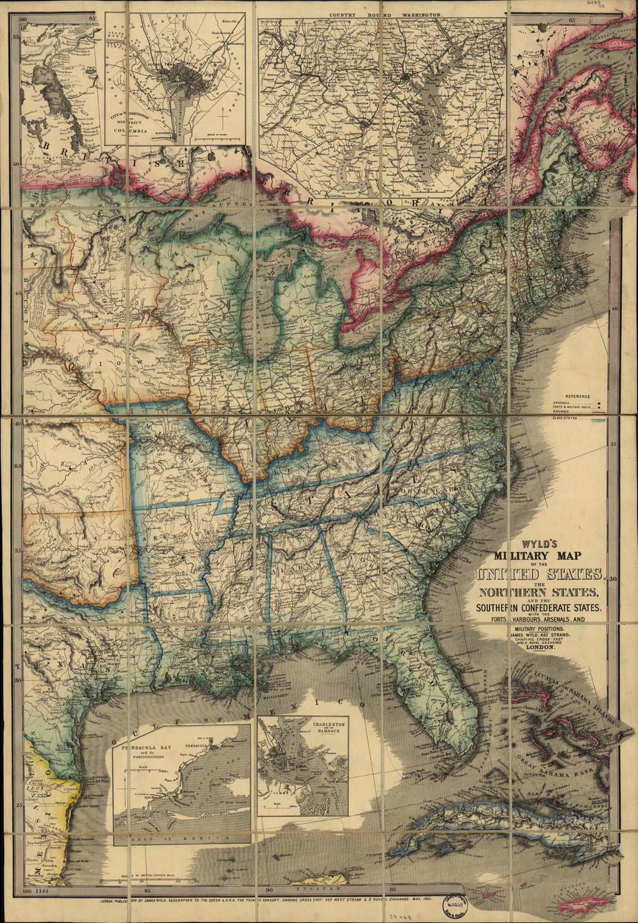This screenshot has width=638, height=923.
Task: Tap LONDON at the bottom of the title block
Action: pyautogui.click(x=539, y=649)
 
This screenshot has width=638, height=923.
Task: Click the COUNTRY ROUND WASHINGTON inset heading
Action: pyautogui.click(x=384, y=12)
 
